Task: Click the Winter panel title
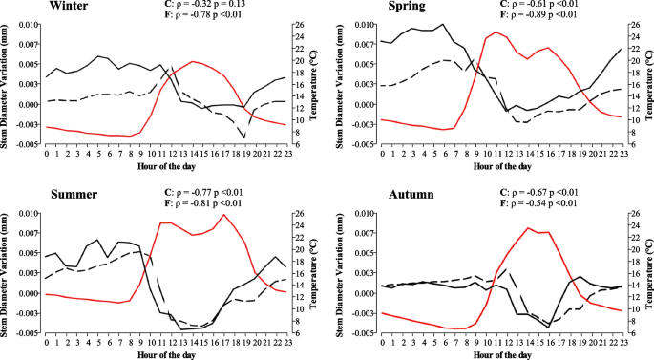[29, 7]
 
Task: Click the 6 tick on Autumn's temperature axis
[631, 332]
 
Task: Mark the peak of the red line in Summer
[223, 214]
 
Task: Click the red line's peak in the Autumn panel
[528, 227]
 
